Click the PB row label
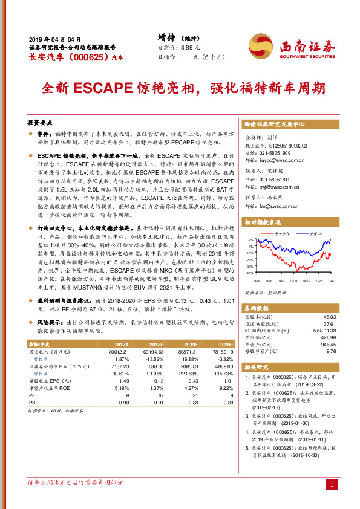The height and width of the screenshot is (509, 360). click(33, 402)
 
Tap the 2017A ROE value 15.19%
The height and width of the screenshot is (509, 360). click(121, 388)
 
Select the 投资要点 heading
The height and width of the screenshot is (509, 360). click(41, 122)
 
